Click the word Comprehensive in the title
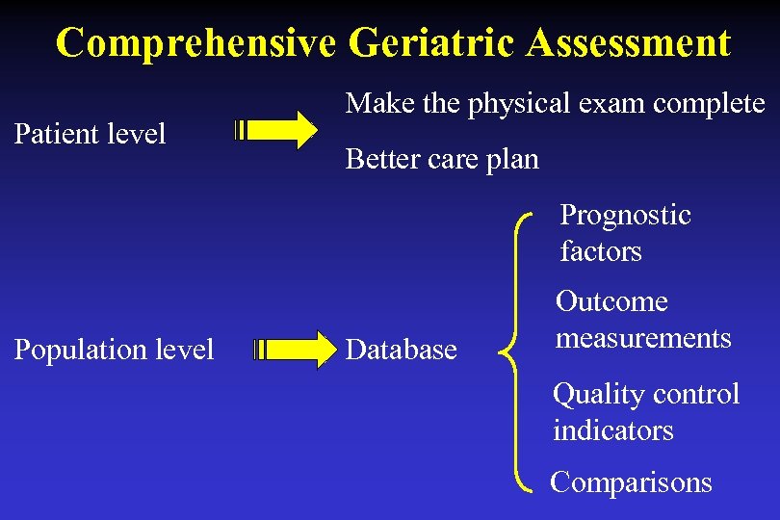coord(195,43)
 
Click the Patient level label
coord(91,133)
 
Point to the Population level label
coord(114,349)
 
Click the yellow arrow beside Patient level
coord(278,129)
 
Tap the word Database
coord(401,350)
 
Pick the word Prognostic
coord(626,215)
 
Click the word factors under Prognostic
coord(601,251)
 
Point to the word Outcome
coord(611,301)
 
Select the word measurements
coord(643,338)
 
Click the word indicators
coord(613,430)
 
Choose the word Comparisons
coord(631,481)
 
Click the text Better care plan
coord(442,159)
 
